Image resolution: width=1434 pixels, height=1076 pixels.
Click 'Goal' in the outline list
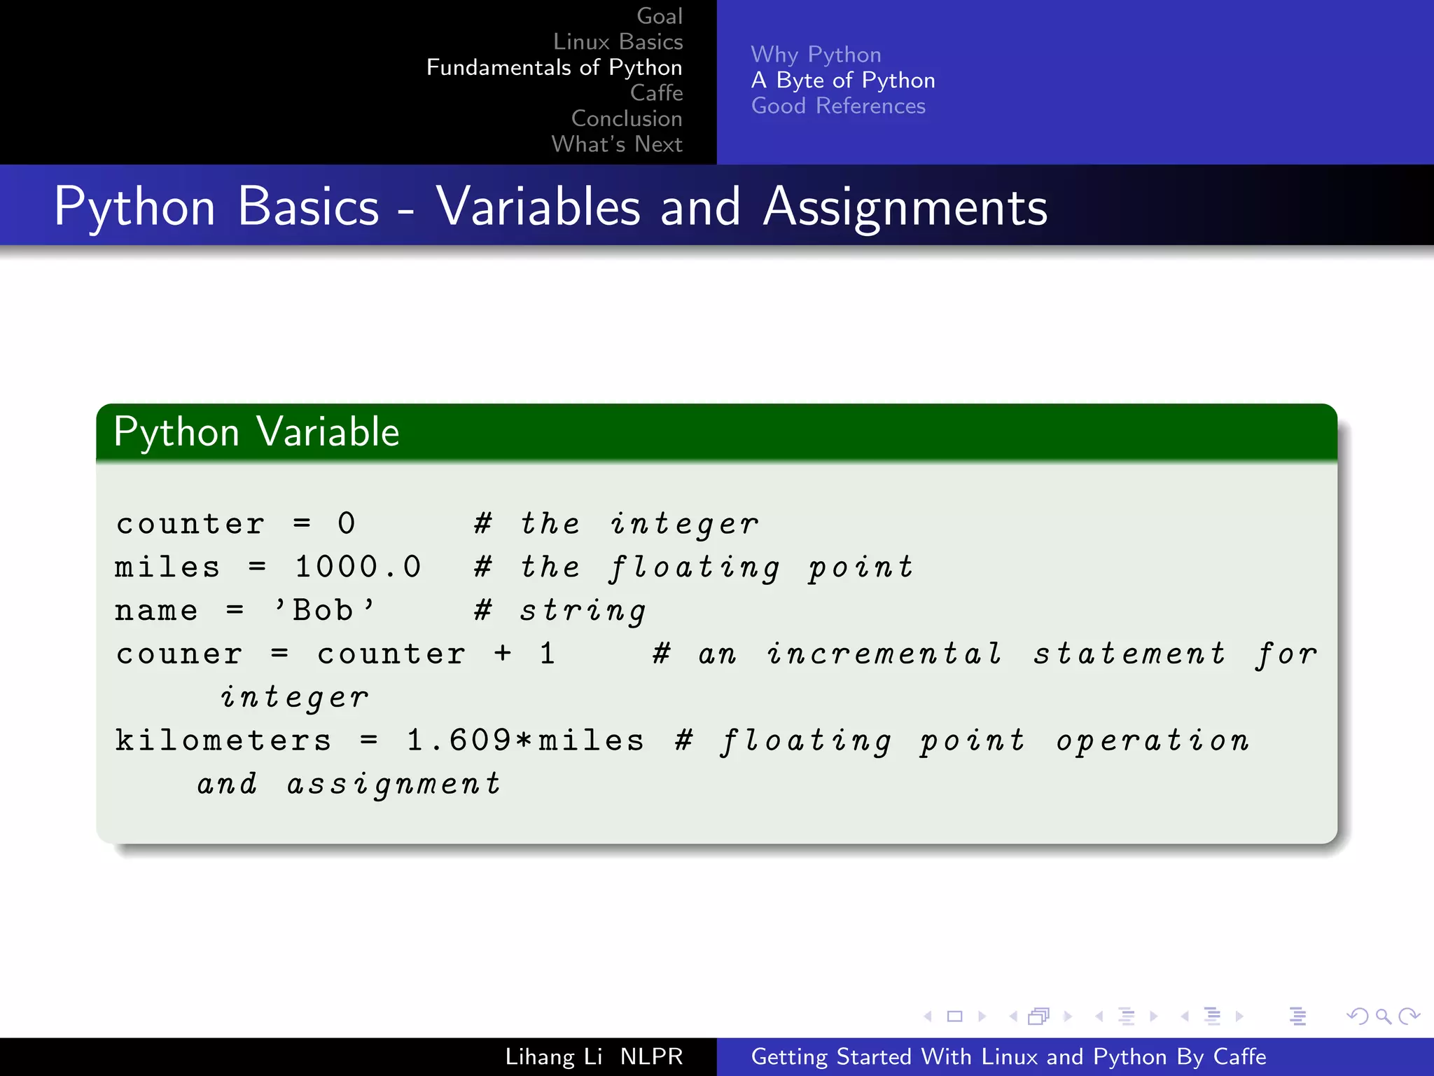659,16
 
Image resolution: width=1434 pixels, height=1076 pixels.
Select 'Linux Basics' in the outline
618,42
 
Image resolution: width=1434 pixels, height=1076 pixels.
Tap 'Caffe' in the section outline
656,92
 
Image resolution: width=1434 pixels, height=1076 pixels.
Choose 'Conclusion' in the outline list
626,118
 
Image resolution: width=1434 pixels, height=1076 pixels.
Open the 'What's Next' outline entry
616,144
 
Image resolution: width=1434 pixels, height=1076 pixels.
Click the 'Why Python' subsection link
816,55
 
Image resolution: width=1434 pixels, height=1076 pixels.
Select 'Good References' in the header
838,106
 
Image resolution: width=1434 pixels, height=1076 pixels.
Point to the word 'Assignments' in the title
905,207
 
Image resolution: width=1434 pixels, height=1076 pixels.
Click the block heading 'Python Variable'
256,432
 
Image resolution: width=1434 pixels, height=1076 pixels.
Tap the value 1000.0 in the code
358,567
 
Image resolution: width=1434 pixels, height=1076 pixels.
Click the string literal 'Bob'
323,610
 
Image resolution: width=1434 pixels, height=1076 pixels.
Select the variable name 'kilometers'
223,740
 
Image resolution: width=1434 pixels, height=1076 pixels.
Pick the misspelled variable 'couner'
179,654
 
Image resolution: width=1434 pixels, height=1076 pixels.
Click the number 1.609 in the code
459,740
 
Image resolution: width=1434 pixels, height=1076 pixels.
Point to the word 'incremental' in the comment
884,654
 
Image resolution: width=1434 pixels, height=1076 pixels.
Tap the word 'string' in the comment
583,611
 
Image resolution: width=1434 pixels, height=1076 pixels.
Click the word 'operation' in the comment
1153,740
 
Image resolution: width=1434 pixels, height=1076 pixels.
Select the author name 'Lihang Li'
553,1056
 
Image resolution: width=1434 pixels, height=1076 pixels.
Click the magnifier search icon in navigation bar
1383,1016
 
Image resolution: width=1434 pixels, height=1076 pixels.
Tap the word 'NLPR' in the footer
651,1056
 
